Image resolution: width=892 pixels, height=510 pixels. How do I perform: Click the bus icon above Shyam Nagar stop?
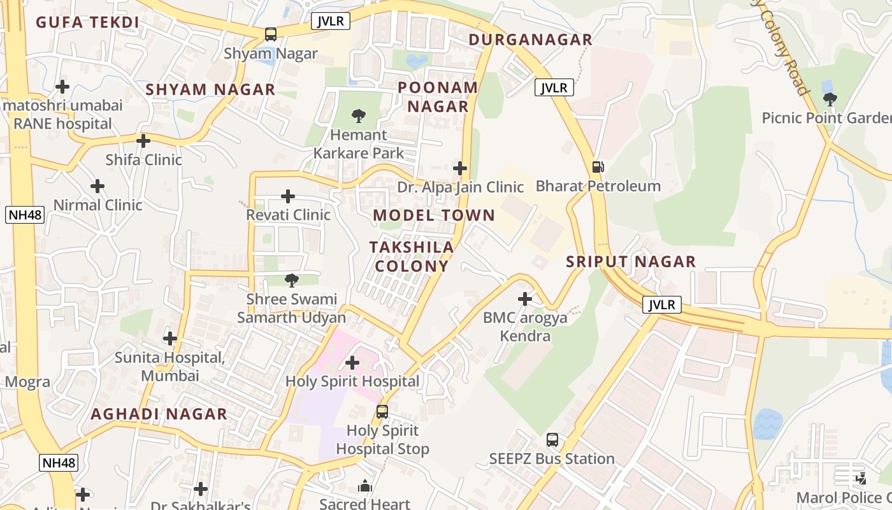(271, 34)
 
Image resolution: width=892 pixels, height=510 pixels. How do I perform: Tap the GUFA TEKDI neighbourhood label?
(87, 22)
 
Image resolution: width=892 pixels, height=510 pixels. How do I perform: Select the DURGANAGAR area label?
(530, 40)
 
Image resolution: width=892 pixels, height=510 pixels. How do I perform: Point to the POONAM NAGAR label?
(438, 97)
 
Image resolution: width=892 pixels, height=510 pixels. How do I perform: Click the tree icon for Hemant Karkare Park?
(359, 116)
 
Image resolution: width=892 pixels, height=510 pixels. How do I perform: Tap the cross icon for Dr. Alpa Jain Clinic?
(460, 168)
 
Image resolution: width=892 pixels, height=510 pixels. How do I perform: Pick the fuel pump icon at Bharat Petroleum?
(598, 167)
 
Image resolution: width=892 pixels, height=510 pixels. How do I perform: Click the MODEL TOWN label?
(434, 215)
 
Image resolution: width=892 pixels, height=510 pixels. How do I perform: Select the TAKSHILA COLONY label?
(412, 256)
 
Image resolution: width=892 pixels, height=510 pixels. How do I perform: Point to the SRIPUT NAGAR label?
(631, 261)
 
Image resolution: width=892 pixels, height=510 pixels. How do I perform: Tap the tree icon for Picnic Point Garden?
(830, 99)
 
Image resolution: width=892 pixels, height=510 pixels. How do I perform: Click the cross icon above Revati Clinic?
(288, 196)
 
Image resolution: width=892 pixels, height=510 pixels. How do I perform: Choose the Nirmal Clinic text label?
(97, 205)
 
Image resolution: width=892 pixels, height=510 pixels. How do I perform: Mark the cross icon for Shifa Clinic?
(143, 141)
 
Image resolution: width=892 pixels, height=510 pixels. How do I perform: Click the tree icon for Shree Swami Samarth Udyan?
(291, 280)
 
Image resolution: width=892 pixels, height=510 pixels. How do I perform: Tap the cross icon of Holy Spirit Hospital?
(352, 363)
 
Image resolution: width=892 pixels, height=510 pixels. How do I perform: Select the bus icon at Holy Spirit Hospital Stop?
(382, 412)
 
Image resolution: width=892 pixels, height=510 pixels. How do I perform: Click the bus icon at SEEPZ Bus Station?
(552, 440)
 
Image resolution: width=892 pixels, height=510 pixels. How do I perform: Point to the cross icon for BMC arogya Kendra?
(524, 298)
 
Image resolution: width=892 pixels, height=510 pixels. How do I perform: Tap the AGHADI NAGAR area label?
(159, 414)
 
